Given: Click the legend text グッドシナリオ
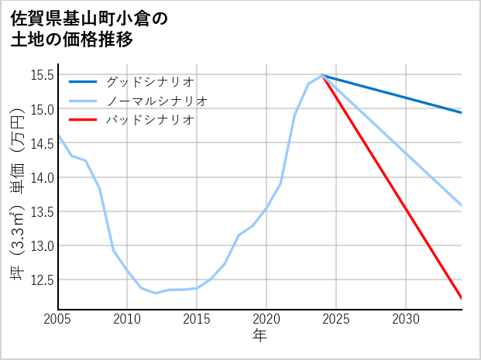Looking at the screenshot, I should click(150, 81).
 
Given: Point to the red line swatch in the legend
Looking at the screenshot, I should click(83, 120).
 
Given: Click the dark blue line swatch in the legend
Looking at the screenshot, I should click(83, 81).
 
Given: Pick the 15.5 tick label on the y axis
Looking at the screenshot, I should click(42, 75).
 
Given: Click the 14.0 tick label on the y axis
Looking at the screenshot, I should click(42, 177).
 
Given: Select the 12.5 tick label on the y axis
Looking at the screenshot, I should click(42, 279).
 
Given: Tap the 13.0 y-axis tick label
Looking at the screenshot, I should click(42, 245).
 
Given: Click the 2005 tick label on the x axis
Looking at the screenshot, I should click(58, 319).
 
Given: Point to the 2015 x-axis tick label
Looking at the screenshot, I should click(197, 319).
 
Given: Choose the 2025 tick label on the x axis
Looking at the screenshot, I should click(336, 319).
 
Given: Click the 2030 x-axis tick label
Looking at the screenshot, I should click(406, 319).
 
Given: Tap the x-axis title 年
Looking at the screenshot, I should click(259, 336).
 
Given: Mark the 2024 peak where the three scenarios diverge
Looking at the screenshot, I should click(322, 75).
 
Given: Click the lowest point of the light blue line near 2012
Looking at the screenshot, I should click(156, 293).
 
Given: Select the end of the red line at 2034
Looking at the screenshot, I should click(461, 298).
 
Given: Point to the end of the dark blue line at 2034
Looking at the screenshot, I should click(461, 113).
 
